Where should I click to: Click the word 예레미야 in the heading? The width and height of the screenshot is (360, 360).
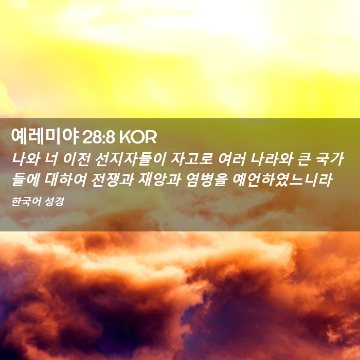tap(45, 137)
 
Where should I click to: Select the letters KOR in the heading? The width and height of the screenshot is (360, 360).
tap(138, 137)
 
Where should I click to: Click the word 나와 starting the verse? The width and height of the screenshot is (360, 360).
tap(26, 158)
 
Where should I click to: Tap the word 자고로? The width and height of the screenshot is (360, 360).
tap(192, 158)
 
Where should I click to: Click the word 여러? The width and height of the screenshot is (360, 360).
tap(231, 158)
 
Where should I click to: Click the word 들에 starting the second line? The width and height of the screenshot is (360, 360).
tap(26, 179)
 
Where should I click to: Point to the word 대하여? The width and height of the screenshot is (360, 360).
tap(65, 179)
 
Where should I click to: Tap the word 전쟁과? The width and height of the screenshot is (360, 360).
tap(113, 179)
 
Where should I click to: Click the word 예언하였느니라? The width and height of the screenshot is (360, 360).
tap(282, 179)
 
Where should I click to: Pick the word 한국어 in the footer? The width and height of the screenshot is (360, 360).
tap(26, 202)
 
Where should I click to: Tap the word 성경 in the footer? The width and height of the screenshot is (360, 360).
tap(54, 202)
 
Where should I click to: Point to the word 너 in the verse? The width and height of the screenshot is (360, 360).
tap(51, 158)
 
